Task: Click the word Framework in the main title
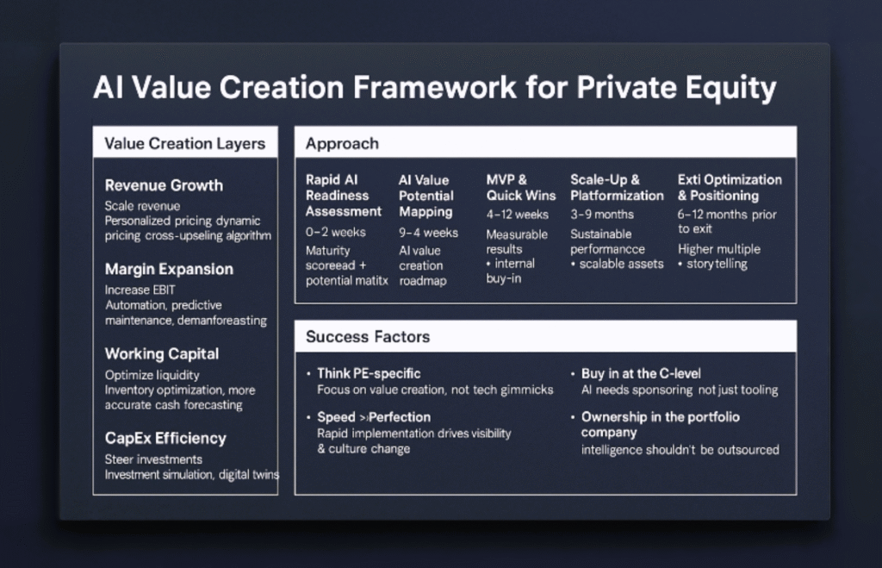[434, 88]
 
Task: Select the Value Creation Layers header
[184, 144]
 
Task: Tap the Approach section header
[342, 144]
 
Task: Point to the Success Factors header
[368, 337]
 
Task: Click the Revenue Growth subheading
[164, 186]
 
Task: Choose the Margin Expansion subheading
[169, 269]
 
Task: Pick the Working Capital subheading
[161, 354]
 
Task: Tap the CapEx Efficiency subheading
[165, 439]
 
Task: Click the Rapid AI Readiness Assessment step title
[343, 196]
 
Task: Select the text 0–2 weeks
[335, 232]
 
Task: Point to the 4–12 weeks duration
[517, 215]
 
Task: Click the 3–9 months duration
[602, 215]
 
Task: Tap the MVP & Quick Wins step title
[521, 187]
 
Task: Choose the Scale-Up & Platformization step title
[617, 187]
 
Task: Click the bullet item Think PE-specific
[369, 374]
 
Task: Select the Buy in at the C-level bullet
[641, 374]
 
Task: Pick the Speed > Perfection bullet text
[374, 417]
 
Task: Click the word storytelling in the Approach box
[717, 264]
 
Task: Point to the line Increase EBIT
[140, 290]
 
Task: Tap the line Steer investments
[153, 459]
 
